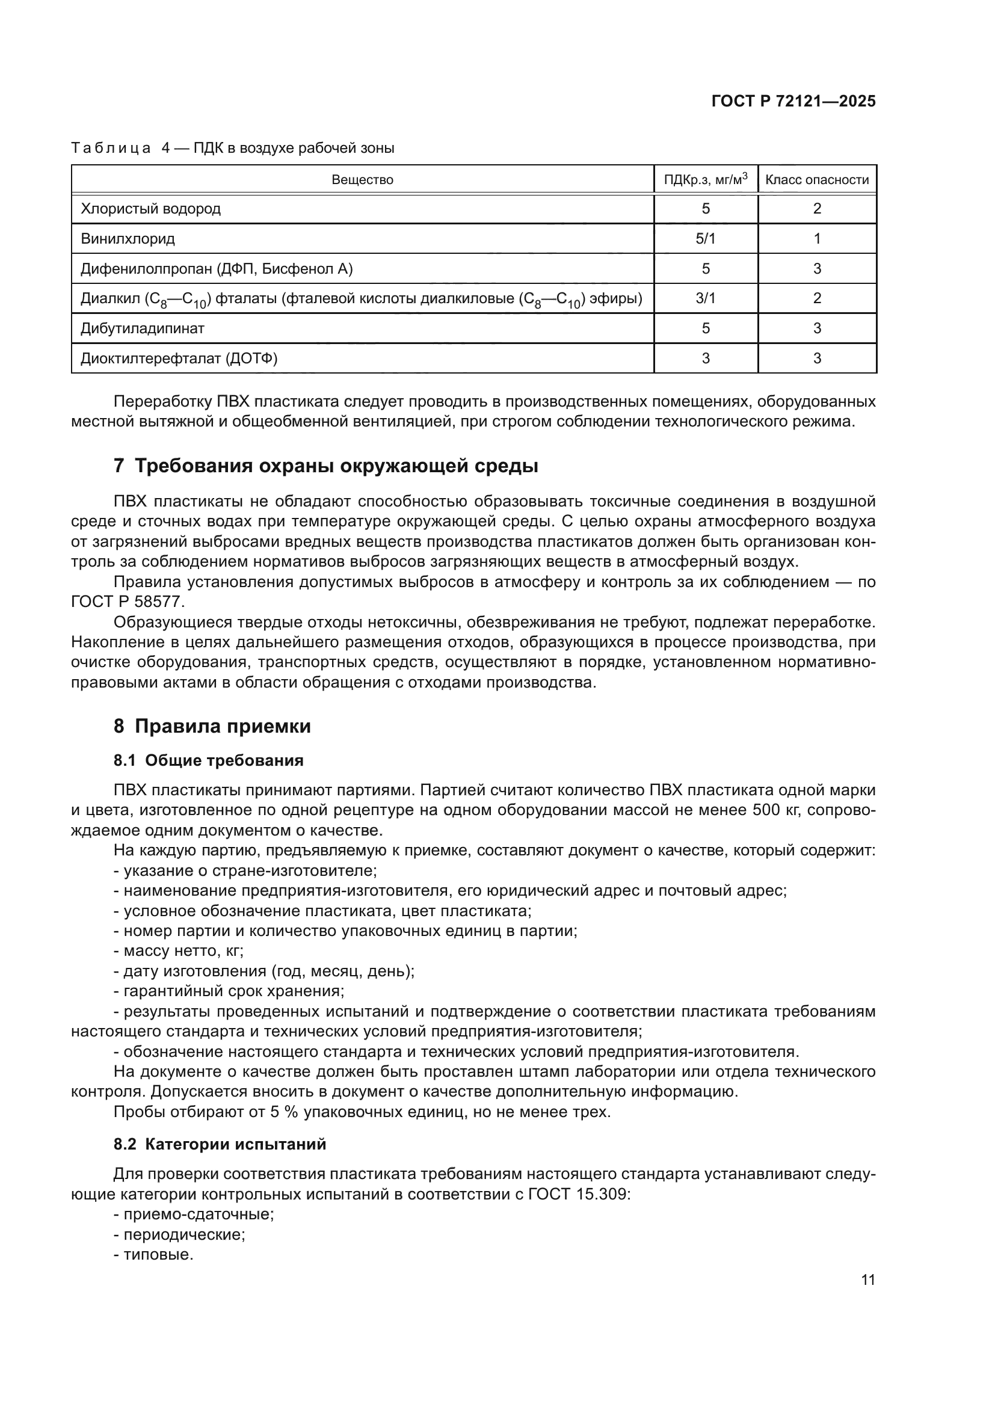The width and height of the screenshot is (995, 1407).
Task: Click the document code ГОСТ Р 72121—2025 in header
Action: (793, 101)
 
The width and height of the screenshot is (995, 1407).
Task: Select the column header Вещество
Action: (362, 179)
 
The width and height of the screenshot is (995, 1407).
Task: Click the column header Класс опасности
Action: (817, 179)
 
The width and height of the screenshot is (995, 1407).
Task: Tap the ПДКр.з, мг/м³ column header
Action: (705, 179)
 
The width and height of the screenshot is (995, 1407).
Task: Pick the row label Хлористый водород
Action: (151, 209)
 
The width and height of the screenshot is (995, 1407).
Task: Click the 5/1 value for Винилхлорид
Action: (705, 239)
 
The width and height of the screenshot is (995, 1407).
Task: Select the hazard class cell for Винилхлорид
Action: (817, 239)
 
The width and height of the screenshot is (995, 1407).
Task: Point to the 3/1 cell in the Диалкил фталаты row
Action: (705, 298)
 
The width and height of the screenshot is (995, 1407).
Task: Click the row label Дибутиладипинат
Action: (143, 328)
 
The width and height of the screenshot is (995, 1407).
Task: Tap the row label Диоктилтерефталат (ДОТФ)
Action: (179, 359)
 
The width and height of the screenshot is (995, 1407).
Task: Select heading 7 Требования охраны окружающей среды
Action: (325, 466)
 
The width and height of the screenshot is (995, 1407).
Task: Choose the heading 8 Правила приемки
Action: (212, 727)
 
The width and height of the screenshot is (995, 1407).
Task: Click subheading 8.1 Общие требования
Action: (208, 760)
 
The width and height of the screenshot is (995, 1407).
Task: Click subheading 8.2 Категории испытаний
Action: (220, 1144)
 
